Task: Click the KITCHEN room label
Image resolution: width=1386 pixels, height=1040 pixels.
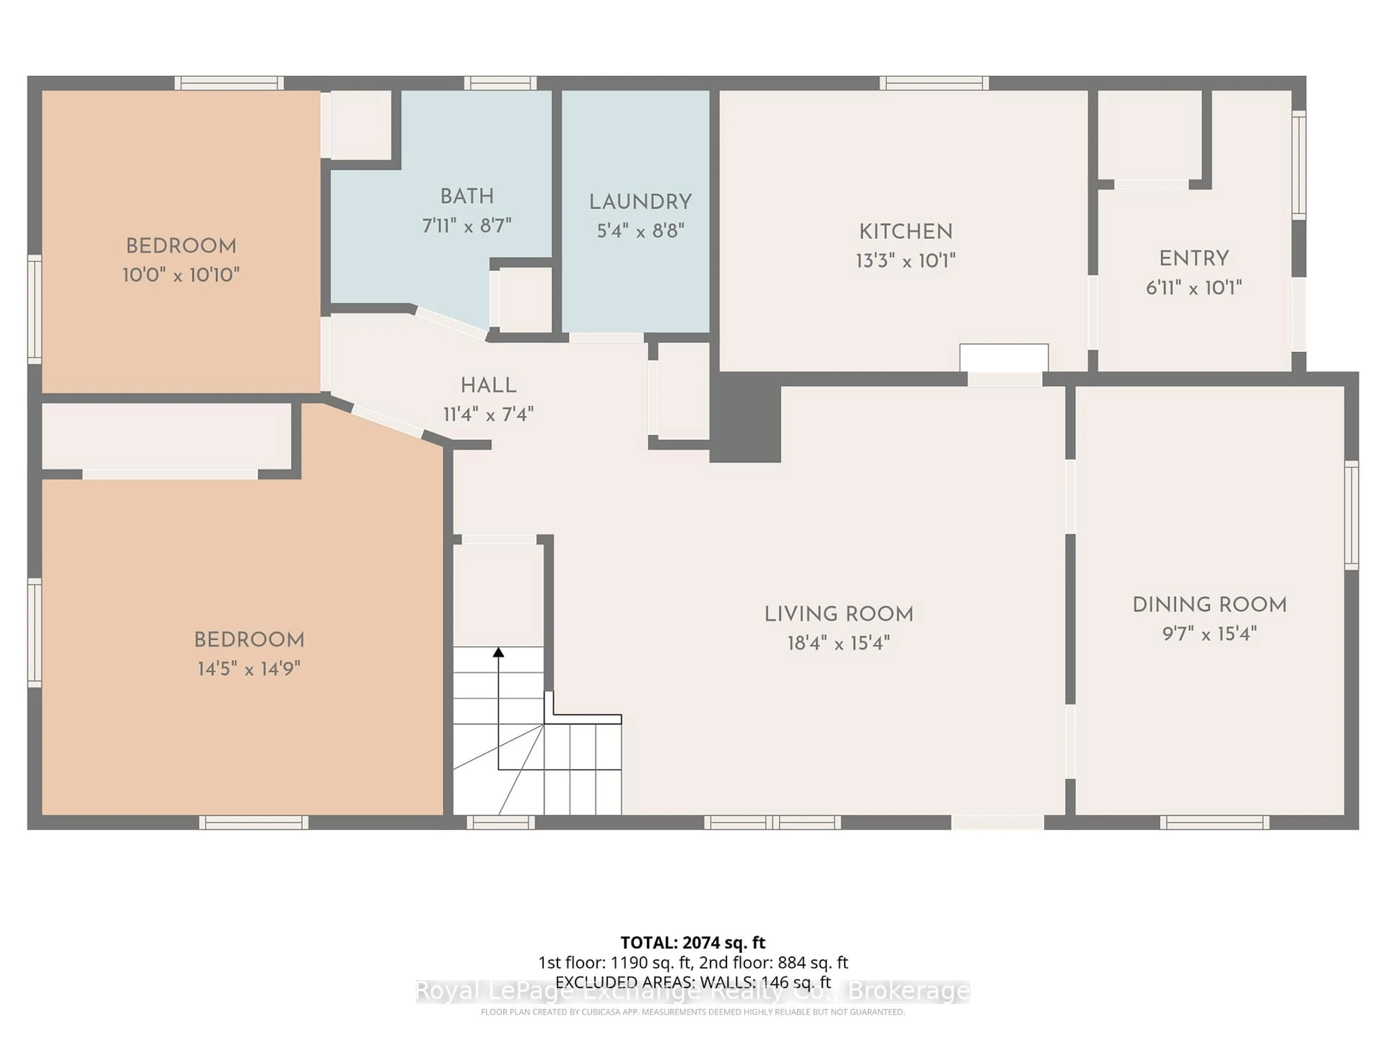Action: coord(905,231)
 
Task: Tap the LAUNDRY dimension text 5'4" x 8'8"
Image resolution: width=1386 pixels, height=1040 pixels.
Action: coord(640,231)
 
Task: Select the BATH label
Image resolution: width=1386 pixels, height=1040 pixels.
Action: coord(467,196)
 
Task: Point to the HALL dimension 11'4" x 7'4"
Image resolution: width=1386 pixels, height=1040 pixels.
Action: coord(488,414)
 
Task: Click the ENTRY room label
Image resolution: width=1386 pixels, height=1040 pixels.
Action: coord(1194,258)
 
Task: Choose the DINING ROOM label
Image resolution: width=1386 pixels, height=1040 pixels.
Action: coord(1209,605)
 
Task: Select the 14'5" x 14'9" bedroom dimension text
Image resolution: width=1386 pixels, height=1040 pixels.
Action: coord(249,669)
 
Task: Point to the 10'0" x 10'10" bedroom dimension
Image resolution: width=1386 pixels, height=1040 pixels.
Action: coord(181,274)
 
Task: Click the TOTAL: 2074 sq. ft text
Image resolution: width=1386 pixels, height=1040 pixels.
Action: coord(692,942)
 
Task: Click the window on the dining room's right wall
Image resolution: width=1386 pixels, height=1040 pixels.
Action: coord(1352,515)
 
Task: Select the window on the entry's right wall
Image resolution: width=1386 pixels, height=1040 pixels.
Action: coord(1299,165)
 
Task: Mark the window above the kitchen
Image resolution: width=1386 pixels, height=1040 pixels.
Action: coord(934,83)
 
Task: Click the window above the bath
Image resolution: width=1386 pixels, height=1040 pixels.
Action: coord(500,83)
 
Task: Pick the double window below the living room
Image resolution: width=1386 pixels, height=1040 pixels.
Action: coord(772,822)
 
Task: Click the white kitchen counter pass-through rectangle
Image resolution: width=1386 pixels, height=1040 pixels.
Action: coord(1004,357)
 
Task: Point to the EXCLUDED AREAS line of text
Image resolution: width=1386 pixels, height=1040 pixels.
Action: coord(692,982)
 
